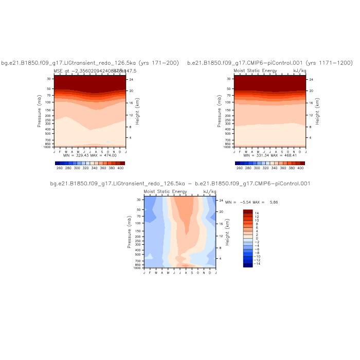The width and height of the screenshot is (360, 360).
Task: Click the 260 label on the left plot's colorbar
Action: [x=59, y=168]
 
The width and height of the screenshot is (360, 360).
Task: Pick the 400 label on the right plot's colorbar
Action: [x=301, y=168]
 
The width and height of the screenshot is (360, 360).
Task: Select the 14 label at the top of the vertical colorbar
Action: [x=257, y=212]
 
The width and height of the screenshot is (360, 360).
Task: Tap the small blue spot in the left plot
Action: [x=108, y=141]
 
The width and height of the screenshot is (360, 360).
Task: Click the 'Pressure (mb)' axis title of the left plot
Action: [x=40, y=111]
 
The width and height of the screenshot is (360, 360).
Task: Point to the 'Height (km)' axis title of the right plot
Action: [x=318, y=111]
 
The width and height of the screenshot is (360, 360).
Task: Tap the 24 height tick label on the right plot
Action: [x=311, y=79]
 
